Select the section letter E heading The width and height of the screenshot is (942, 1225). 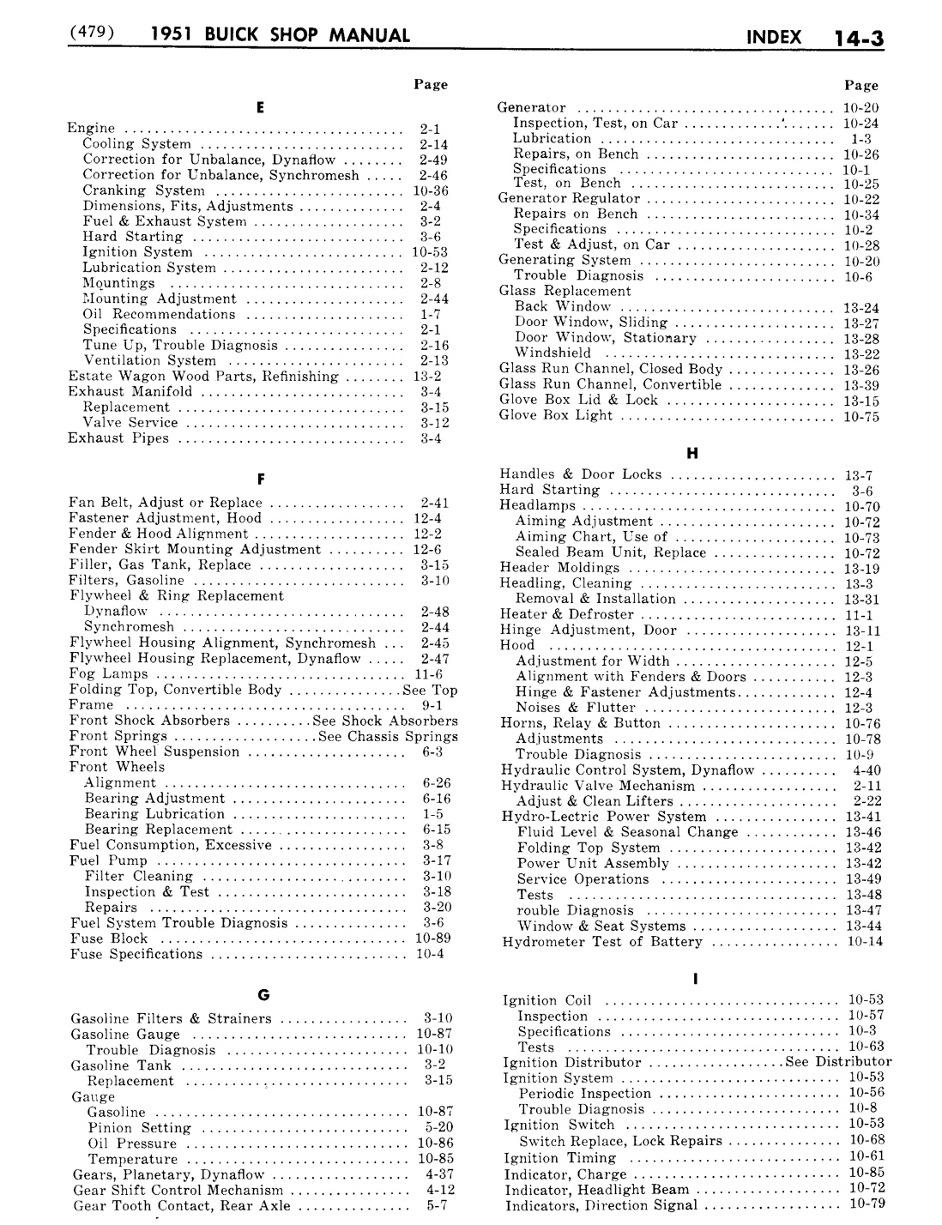tap(259, 107)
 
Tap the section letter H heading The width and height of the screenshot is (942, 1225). tap(692, 452)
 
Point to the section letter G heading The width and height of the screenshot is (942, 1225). tap(263, 995)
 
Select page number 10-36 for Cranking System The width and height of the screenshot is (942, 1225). tap(430, 190)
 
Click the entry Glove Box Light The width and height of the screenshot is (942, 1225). tap(556, 415)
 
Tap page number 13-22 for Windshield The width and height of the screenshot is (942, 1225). tap(860, 354)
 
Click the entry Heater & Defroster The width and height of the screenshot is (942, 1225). tap(566, 614)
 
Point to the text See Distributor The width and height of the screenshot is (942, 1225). tap(837, 1062)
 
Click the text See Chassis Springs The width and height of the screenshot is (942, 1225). tap(387, 736)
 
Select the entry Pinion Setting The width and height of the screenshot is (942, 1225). tap(139, 1128)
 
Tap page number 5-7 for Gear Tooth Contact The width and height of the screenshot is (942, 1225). tap(437, 1205)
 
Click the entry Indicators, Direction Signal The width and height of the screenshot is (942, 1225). tap(601, 1205)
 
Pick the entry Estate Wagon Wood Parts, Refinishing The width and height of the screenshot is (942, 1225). tap(203, 377)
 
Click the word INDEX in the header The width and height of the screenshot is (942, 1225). tap(774, 37)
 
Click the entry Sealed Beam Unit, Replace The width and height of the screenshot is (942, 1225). tap(610, 552)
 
